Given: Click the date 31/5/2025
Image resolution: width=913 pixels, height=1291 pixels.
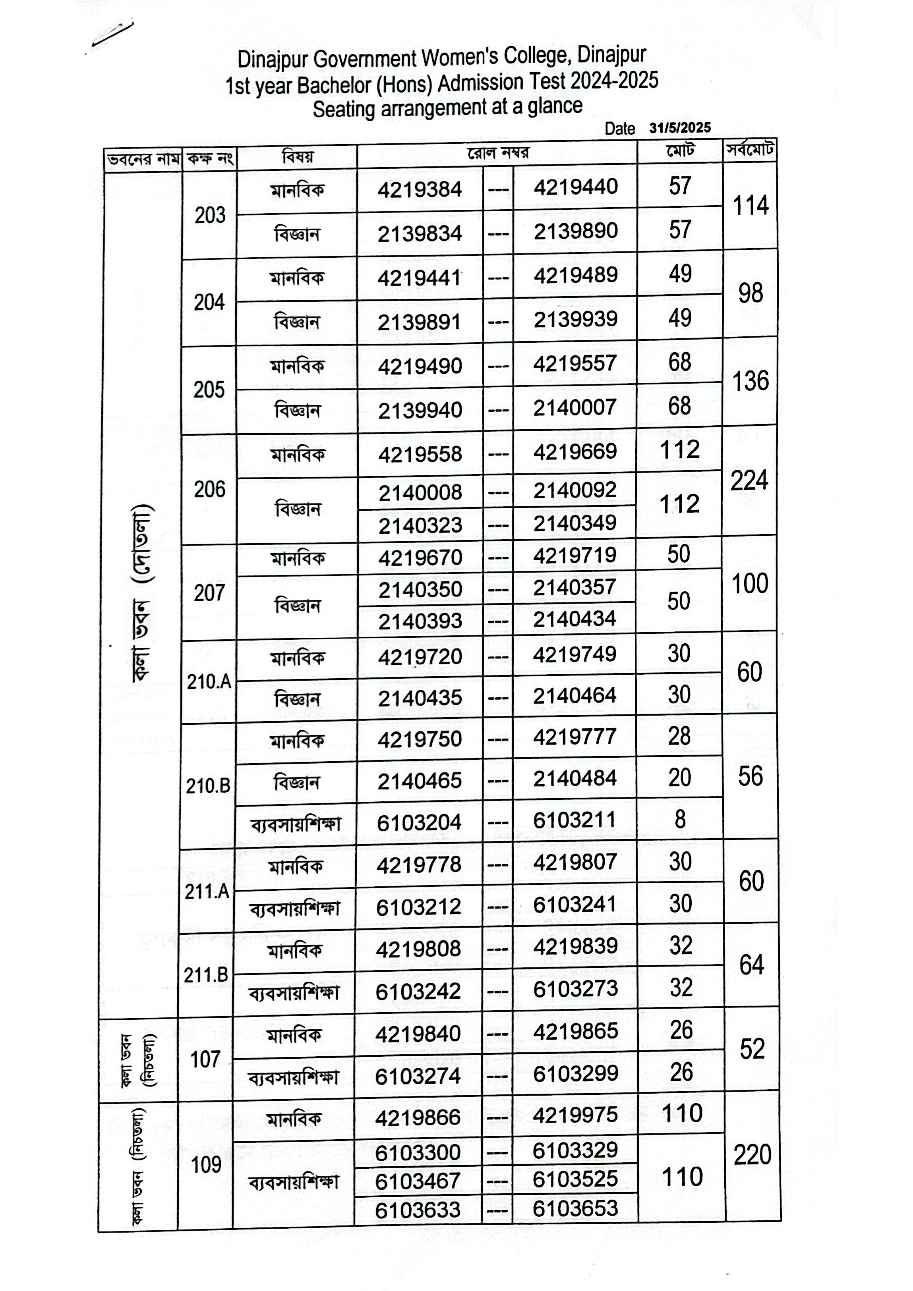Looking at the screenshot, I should [679, 127].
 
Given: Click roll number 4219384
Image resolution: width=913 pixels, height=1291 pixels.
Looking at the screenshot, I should [420, 189].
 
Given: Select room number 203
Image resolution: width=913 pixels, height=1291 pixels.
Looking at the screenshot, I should [210, 215].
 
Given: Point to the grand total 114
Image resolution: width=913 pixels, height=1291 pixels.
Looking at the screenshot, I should [751, 206].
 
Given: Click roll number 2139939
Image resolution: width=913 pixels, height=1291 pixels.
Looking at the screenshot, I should [575, 319].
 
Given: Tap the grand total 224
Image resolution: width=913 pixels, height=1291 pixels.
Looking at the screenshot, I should [749, 481].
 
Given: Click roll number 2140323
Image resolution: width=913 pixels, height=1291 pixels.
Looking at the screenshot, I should [420, 525].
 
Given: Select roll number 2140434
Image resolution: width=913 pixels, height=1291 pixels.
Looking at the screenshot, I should [575, 619].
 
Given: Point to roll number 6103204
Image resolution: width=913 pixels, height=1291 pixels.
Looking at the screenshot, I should [420, 822].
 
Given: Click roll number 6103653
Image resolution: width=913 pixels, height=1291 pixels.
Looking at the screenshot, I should [575, 1208].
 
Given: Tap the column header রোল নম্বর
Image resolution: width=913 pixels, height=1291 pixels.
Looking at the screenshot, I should [498, 153].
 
